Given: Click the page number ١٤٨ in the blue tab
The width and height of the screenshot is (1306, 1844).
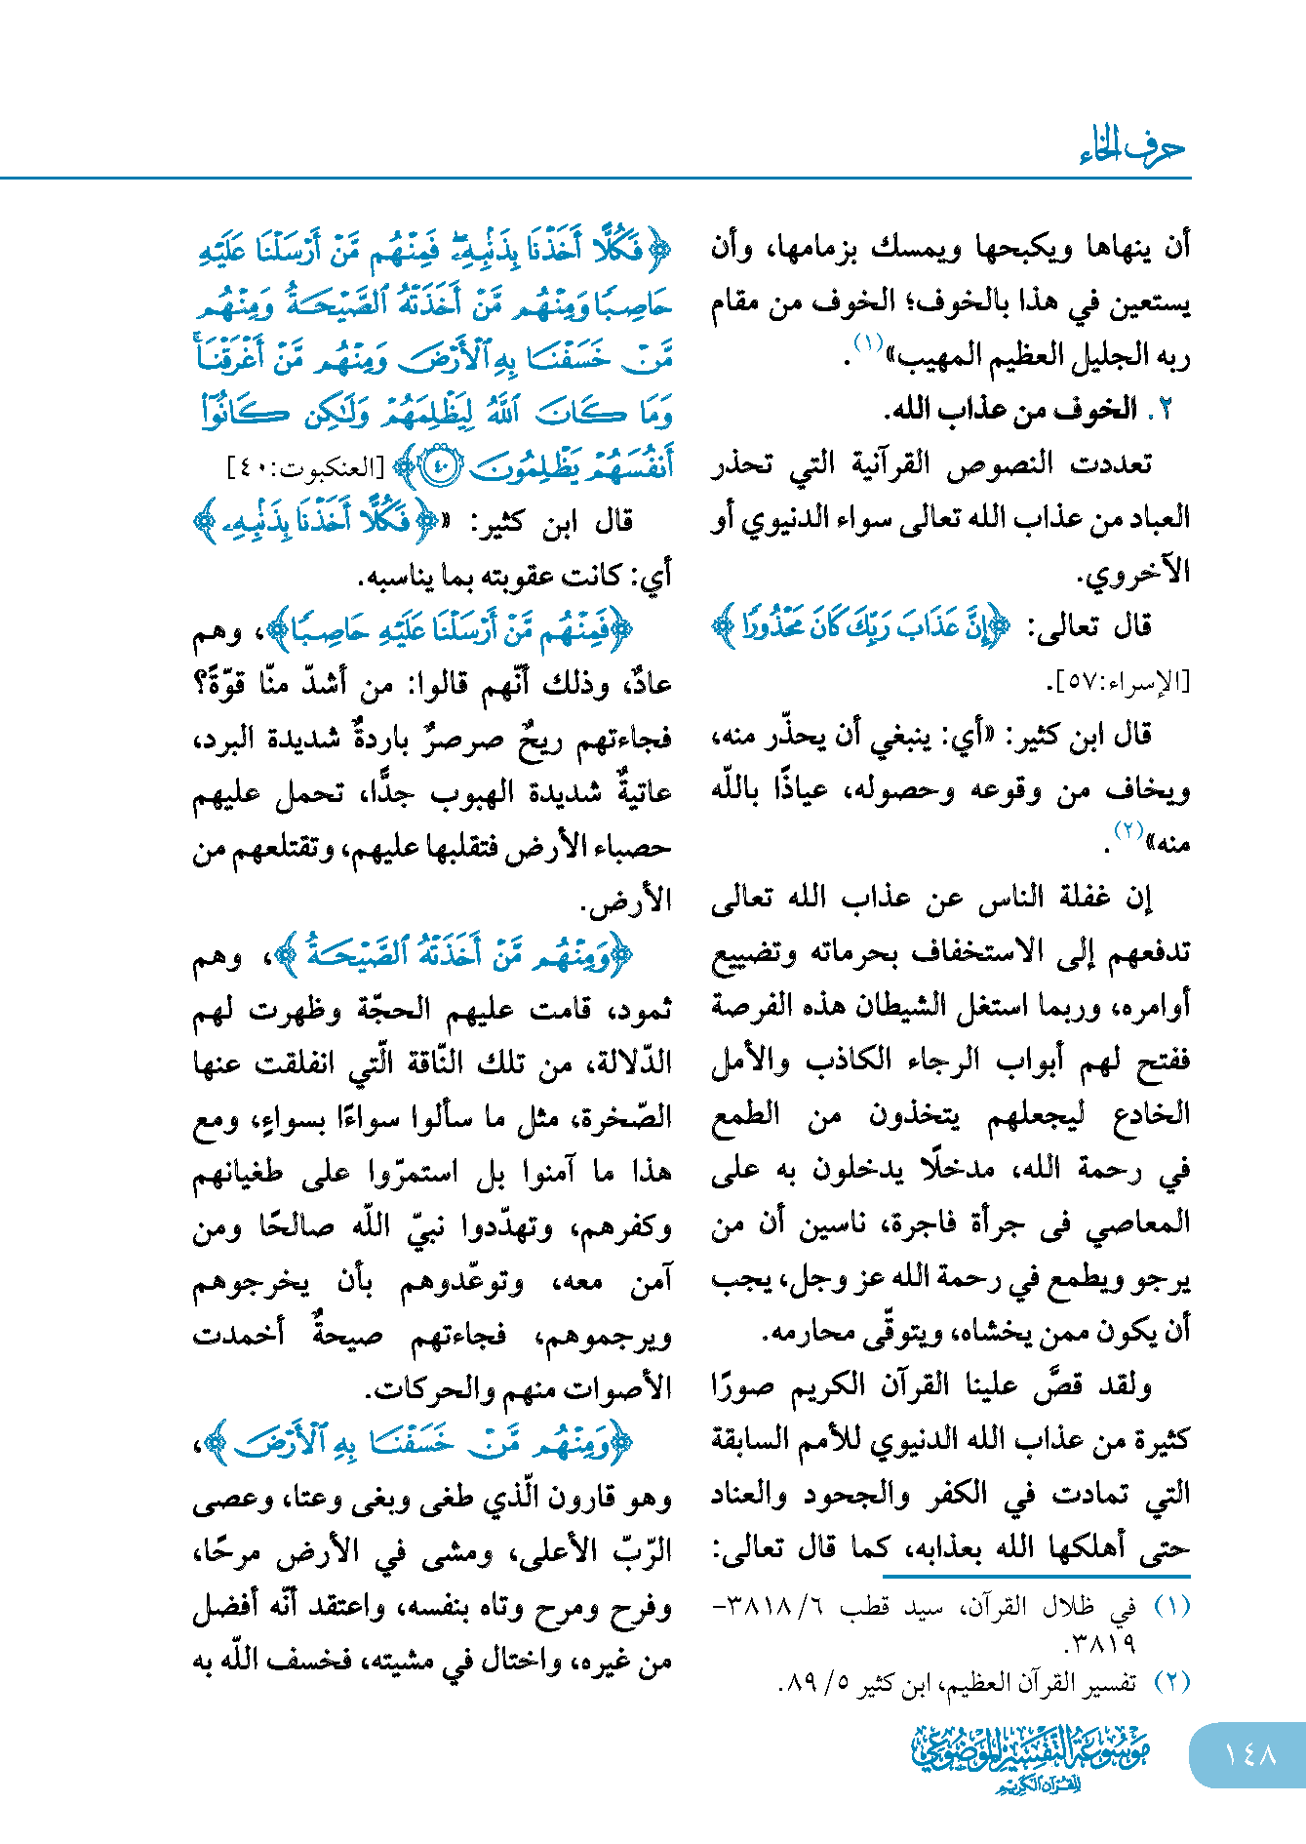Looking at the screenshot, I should pos(1249,1754).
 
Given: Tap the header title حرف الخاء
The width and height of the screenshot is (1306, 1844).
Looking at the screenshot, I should pos(1132,148).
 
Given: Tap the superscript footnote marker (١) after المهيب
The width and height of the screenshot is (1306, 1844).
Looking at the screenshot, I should pos(867,342).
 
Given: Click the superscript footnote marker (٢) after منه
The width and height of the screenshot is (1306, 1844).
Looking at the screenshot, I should pos(1128,831).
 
